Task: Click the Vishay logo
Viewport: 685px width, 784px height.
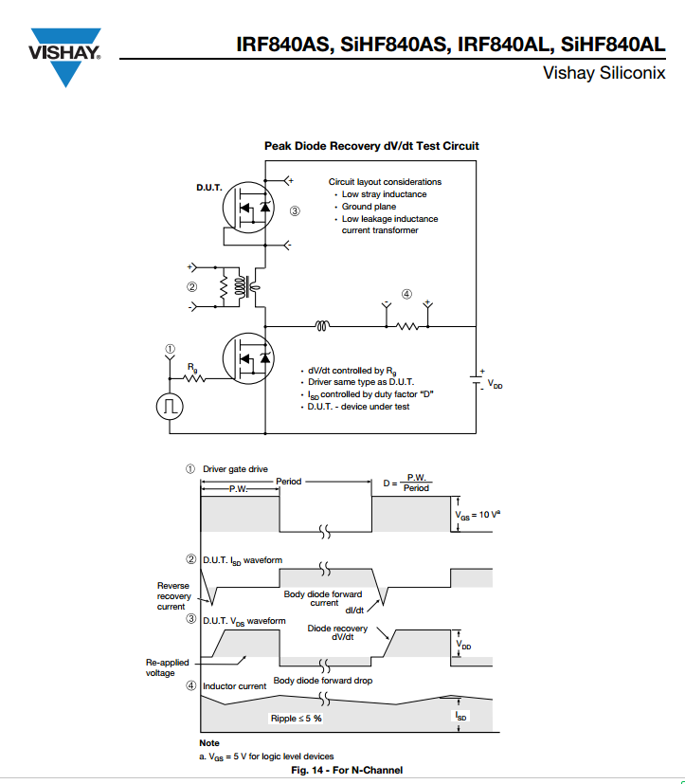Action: (65, 57)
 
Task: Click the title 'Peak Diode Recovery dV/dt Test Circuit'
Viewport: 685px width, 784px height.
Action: (371, 146)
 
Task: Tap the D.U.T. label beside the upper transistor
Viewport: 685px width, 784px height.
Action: (208, 188)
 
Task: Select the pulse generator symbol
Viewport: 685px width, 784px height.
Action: (170, 406)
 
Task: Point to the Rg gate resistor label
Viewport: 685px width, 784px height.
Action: (192, 368)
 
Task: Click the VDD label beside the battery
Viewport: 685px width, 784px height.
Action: (496, 384)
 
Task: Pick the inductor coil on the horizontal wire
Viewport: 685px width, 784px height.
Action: (322, 326)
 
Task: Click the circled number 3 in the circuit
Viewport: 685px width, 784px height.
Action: (295, 211)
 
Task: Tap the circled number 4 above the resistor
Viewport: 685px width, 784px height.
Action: (406, 294)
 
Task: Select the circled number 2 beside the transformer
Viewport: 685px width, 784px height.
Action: (192, 286)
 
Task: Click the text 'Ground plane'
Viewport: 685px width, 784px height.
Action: (369, 207)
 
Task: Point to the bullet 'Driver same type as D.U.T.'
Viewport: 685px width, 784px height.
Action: (361, 382)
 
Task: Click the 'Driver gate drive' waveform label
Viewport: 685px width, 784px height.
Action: (235, 469)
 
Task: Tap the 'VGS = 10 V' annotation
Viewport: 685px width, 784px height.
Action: (478, 515)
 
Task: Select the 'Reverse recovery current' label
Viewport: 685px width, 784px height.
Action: (174, 596)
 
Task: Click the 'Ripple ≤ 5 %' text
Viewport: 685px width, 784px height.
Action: (297, 719)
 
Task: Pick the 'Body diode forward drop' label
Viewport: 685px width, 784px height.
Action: (323, 681)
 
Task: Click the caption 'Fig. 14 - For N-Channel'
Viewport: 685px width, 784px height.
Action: (347, 770)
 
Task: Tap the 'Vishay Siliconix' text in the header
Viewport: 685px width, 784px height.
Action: (604, 73)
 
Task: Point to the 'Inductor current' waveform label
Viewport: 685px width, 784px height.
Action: (234, 686)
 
